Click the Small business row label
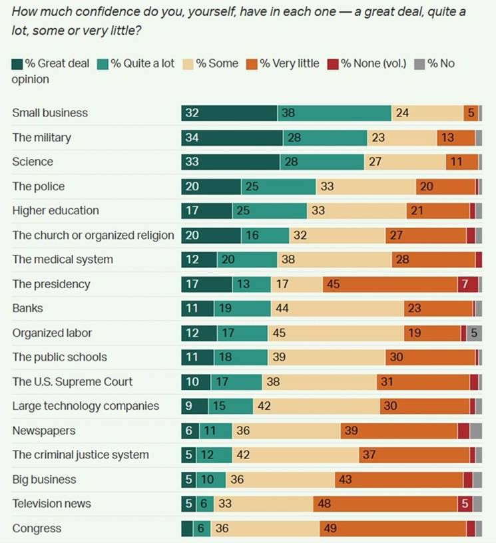[x=50, y=113]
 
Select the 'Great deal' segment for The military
[x=232, y=138]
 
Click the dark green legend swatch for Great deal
[x=17, y=64]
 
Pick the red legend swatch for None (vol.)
[x=333, y=64]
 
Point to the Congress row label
[x=37, y=529]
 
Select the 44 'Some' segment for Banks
[x=337, y=309]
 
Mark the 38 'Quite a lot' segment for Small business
[x=334, y=113]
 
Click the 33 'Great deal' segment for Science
[x=230, y=162]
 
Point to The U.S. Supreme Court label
[x=73, y=382]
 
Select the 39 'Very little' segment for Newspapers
[x=398, y=431]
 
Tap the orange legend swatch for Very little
[x=252, y=64]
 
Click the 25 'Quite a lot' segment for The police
[x=278, y=187]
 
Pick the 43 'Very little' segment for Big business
[x=399, y=480]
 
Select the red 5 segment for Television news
[x=465, y=504]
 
